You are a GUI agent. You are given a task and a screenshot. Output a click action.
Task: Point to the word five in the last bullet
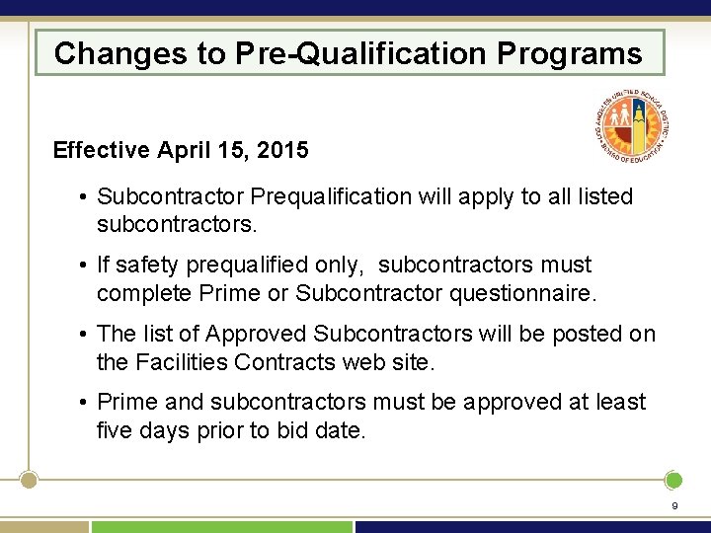coord(115,431)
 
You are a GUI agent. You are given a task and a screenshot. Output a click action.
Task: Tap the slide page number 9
coord(674,506)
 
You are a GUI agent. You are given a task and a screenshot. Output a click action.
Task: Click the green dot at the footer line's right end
coord(673,481)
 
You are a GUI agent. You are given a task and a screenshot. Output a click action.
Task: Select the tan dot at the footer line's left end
coord(30,481)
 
